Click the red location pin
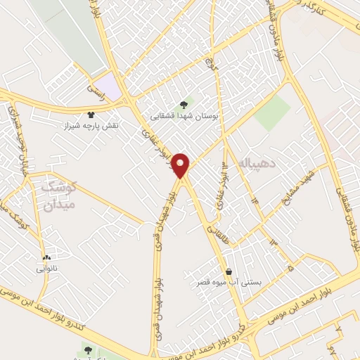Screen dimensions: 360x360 tap(182, 166)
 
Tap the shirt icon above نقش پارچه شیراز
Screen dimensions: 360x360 tap(90, 114)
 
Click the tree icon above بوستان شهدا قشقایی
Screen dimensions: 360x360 tap(185, 103)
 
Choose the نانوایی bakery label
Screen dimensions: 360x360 tap(49, 268)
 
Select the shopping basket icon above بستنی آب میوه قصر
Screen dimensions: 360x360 tap(229, 271)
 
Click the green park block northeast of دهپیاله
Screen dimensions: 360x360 tap(272, 112)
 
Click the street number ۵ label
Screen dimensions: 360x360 tap(290, 267)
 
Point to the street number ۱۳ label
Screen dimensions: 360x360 tap(272, 243)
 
